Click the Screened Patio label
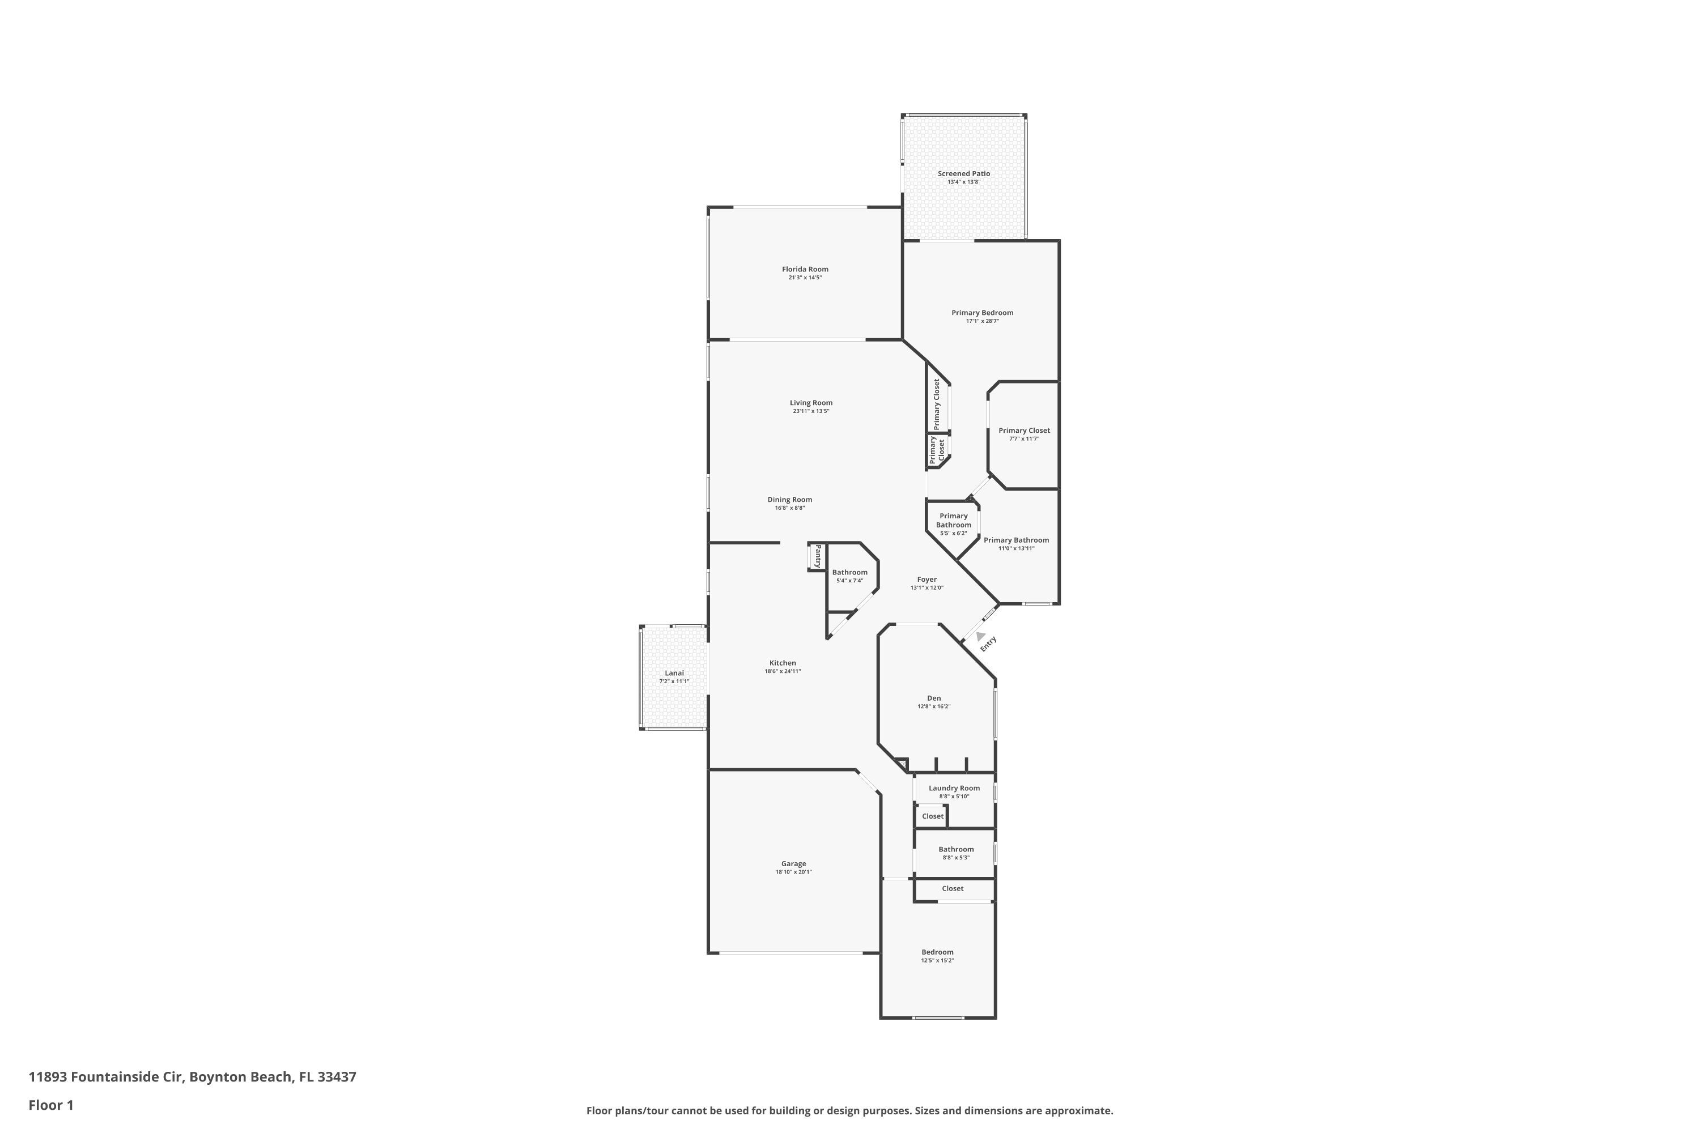pos(963,173)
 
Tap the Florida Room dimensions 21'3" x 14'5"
pos(805,278)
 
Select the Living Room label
pos(811,402)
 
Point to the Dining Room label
pos(789,499)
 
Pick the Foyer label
pos(926,579)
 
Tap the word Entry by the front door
pos(988,644)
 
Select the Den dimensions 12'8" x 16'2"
pos(934,706)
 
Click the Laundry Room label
pos(954,787)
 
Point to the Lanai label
pos(674,673)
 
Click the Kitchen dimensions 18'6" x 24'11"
pos(783,671)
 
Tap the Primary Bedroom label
pos(982,312)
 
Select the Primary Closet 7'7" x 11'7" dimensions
pos(1024,438)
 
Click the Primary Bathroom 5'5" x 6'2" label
pos(953,524)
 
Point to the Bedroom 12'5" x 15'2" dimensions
pos(937,960)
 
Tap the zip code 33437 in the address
pos(337,1077)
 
